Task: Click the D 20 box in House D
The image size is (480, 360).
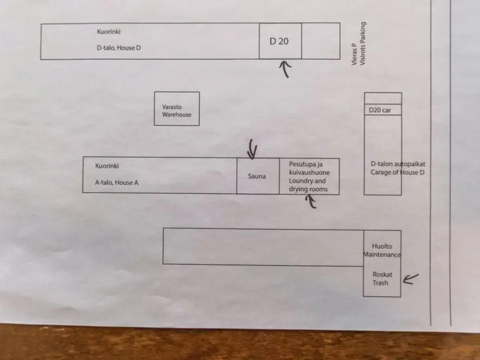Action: click(x=280, y=41)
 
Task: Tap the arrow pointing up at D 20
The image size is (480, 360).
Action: click(x=285, y=69)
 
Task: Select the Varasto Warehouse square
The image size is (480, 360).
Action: click(x=177, y=109)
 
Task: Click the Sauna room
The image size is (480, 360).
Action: click(x=257, y=176)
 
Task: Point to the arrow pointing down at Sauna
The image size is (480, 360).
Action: click(x=253, y=149)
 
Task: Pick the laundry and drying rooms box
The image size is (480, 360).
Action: click(x=309, y=177)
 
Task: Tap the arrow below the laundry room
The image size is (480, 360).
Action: click(x=310, y=202)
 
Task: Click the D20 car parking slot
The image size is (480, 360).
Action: click(x=382, y=110)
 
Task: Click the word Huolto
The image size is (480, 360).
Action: click(x=382, y=246)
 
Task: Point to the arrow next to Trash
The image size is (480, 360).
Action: click(x=411, y=279)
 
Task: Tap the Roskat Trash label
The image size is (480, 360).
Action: click(x=382, y=278)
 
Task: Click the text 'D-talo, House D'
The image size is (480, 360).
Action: click(x=119, y=48)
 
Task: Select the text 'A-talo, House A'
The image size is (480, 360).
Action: click(x=117, y=183)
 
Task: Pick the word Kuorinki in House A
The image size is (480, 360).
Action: click(x=107, y=166)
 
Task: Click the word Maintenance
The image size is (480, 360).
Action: click(x=382, y=255)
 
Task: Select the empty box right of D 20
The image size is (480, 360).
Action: click(x=321, y=41)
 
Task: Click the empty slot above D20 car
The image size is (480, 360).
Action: click(x=383, y=98)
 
